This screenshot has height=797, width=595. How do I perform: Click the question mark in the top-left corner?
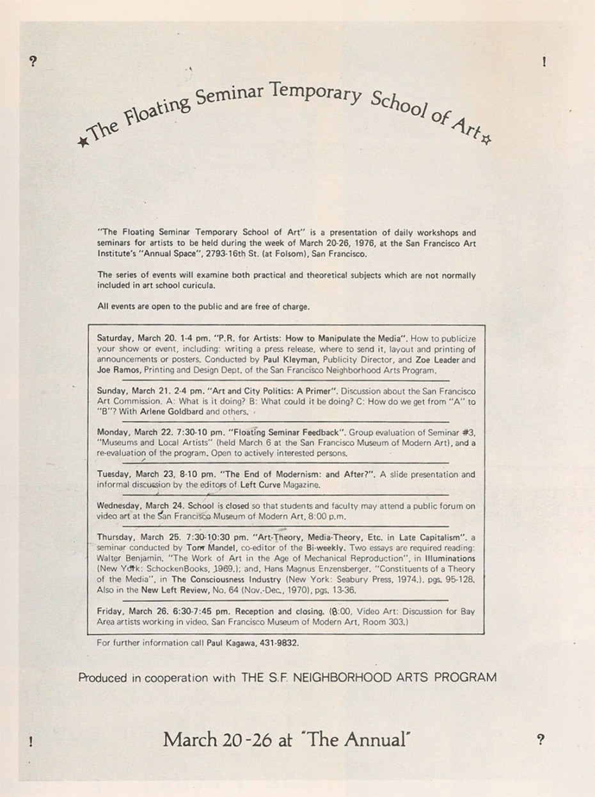tap(33, 61)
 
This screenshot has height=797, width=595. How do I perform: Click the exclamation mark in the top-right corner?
tap(543, 62)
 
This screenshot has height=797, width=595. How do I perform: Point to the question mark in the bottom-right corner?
tap(541, 740)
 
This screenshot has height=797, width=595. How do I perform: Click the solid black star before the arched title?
tap(82, 141)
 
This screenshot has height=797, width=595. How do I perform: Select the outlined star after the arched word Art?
tap(486, 140)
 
